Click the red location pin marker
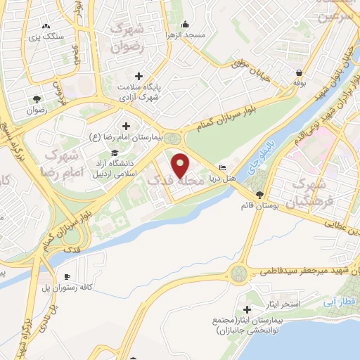(181, 165)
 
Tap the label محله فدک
(173, 181)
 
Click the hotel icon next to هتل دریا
(223, 168)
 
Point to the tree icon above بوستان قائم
(260, 195)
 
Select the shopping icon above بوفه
(300, 73)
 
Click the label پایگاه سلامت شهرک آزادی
(139, 91)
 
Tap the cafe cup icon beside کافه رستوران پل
(67, 277)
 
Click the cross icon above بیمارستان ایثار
(247, 309)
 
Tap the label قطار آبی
(340, 300)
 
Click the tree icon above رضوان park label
(36, 98)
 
